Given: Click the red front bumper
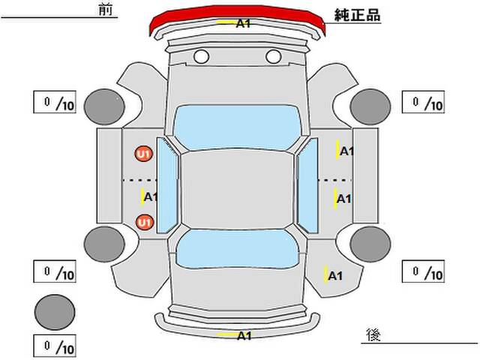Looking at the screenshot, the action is tap(237, 12).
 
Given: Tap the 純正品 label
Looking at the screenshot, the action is tap(357, 15).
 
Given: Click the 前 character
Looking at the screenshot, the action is tap(106, 10).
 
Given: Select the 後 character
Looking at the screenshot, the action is tap(373, 335).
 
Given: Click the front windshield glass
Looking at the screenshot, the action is tap(238, 127).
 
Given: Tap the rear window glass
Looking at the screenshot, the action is tap(238, 248).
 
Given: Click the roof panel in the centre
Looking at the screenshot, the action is tap(238, 190).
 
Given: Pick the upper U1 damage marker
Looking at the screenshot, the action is tap(144, 154).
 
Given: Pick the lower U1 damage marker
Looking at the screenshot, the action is tap(144, 222).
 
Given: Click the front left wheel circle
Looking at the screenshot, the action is tap(104, 106).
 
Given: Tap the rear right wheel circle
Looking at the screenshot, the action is tap(370, 244).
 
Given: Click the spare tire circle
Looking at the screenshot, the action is tap(55, 312).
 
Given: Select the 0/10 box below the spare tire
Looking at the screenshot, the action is tap(55, 346).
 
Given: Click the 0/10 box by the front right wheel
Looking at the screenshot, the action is tap(423, 102).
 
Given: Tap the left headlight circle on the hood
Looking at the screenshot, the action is tap(202, 57).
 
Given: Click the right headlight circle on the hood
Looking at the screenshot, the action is tap(273, 57).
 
